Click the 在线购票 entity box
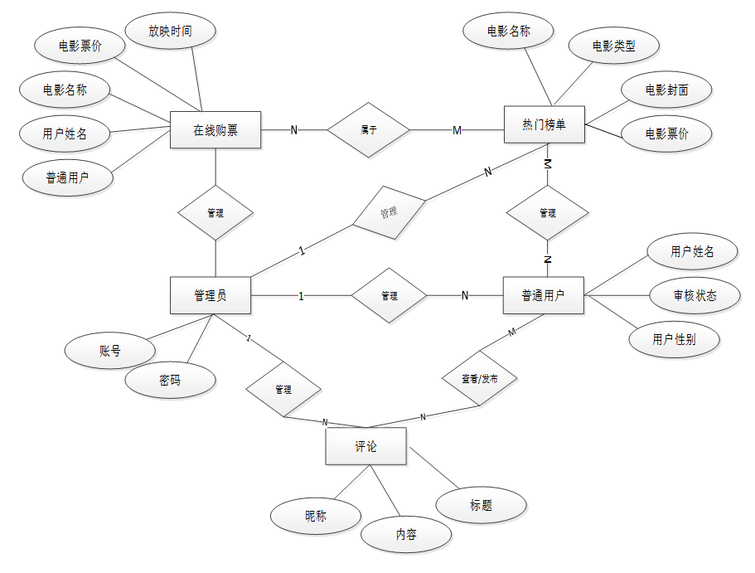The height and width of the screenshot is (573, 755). click(215, 130)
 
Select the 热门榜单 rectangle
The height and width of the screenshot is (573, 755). click(544, 125)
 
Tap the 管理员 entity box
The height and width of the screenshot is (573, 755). click(211, 295)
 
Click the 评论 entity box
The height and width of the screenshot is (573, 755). click(365, 447)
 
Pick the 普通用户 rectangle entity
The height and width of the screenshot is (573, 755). click(544, 295)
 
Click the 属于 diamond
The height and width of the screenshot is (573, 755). click(369, 130)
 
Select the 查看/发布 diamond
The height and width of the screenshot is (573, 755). click(479, 378)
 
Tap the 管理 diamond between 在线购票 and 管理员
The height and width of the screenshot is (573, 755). click(215, 213)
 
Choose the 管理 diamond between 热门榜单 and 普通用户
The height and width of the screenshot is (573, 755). click(547, 213)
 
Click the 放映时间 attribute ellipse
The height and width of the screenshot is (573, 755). click(171, 32)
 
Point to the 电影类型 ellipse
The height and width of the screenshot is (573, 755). click(614, 46)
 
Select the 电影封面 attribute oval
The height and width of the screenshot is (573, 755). click(666, 90)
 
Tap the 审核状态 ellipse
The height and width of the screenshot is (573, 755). click(695, 295)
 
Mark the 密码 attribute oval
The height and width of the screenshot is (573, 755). click(170, 381)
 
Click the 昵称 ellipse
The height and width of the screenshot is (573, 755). click(316, 516)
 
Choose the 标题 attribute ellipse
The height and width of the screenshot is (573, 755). click(481, 504)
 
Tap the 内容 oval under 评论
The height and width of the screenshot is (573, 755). click(406, 535)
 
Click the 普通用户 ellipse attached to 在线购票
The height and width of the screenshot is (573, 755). click(68, 178)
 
